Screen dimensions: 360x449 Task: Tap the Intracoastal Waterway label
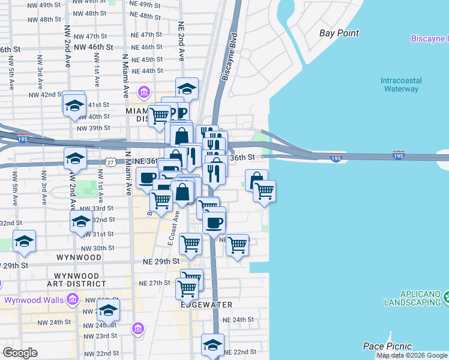pos(401,85)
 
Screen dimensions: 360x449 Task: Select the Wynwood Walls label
pos(35,300)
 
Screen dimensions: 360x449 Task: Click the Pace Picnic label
pos(387,346)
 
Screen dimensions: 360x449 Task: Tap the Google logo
pos(19,353)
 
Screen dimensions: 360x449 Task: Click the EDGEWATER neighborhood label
pos(207,305)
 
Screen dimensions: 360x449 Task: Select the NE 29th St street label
pos(161,262)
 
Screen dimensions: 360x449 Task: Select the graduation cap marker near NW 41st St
pos(74,104)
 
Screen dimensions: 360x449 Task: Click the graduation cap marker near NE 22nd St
pos(212,346)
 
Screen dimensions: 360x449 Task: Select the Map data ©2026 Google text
pos(412,355)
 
